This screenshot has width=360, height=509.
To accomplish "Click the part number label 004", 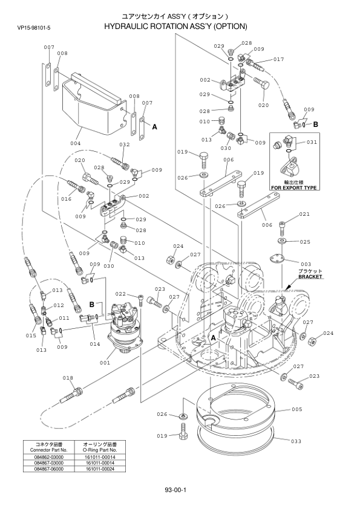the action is click(x=75, y=143).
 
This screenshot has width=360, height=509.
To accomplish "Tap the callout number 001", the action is click(x=105, y=363).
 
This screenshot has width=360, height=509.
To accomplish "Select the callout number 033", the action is click(x=296, y=441).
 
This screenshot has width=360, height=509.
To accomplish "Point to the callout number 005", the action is click(x=296, y=409).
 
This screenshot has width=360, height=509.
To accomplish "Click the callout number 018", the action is click(x=68, y=378).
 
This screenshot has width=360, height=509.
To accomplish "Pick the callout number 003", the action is click(x=306, y=264).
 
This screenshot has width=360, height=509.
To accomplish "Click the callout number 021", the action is click(x=304, y=214).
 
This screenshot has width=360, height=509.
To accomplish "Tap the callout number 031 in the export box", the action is click(x=312, y=142).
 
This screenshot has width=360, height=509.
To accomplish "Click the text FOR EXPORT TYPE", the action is click(x=294, y=187).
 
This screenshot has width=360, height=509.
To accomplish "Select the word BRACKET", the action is click(x=310, y=277).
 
